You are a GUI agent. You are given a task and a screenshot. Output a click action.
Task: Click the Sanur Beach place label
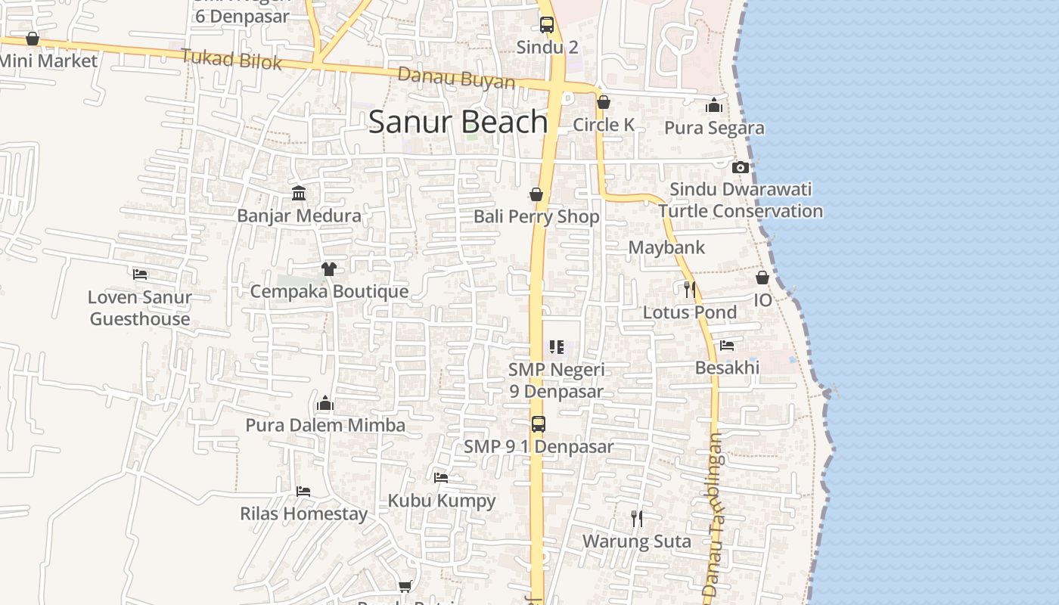(x=458, y=122)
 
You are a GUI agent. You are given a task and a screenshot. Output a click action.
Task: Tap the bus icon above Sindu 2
(x=547, y=25)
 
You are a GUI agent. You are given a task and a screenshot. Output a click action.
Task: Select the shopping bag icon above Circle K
(x=604, y=102)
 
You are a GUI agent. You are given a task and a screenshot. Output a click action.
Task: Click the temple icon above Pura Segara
(x=714, y=106)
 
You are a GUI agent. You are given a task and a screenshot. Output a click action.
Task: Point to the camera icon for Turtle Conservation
(x=741, y=167)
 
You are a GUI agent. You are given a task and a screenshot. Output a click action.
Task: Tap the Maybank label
(x=666, y=247)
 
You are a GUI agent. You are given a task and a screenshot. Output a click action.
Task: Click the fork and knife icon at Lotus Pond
(x=689, y=289)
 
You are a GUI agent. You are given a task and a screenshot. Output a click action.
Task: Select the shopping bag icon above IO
(x=762, y=278)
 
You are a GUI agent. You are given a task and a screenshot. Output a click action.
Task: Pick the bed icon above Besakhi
(x=727, y=346)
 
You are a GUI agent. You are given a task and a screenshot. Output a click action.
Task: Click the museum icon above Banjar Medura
(x=299, y=194)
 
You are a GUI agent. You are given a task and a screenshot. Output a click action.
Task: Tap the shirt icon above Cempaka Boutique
(x=328, y=268)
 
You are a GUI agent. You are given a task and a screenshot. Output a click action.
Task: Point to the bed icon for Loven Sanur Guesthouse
(x=140, y=274)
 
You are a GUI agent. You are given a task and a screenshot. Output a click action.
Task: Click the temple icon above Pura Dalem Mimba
(x=325, y=403)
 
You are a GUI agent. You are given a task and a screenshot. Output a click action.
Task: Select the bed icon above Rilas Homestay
(x=303, y=492)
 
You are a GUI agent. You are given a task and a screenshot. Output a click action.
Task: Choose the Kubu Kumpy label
(x=442, y=501)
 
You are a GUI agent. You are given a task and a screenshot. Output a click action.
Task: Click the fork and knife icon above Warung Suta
(x=637, y=519)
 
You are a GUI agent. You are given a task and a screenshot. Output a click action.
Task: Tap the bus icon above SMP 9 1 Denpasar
(x=538, y=424)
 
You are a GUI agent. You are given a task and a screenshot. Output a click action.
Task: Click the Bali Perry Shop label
(x=536, y=216)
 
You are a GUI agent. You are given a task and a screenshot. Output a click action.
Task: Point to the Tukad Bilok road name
(x=231, y=59)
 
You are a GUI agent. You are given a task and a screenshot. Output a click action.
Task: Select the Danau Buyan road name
(x=456, y=78)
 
